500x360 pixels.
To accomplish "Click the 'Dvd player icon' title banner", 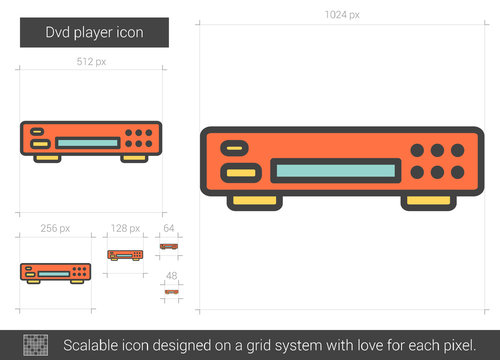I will tap(95, 33).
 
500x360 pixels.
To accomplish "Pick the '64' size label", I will tap(169, 228).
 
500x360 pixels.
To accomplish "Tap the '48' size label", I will tap(170, 276).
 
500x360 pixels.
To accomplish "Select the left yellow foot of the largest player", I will tap(253, 202).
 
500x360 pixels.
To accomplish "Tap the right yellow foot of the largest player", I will tap(429, 202).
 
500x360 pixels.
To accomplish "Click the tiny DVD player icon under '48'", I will tap(171, 292).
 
